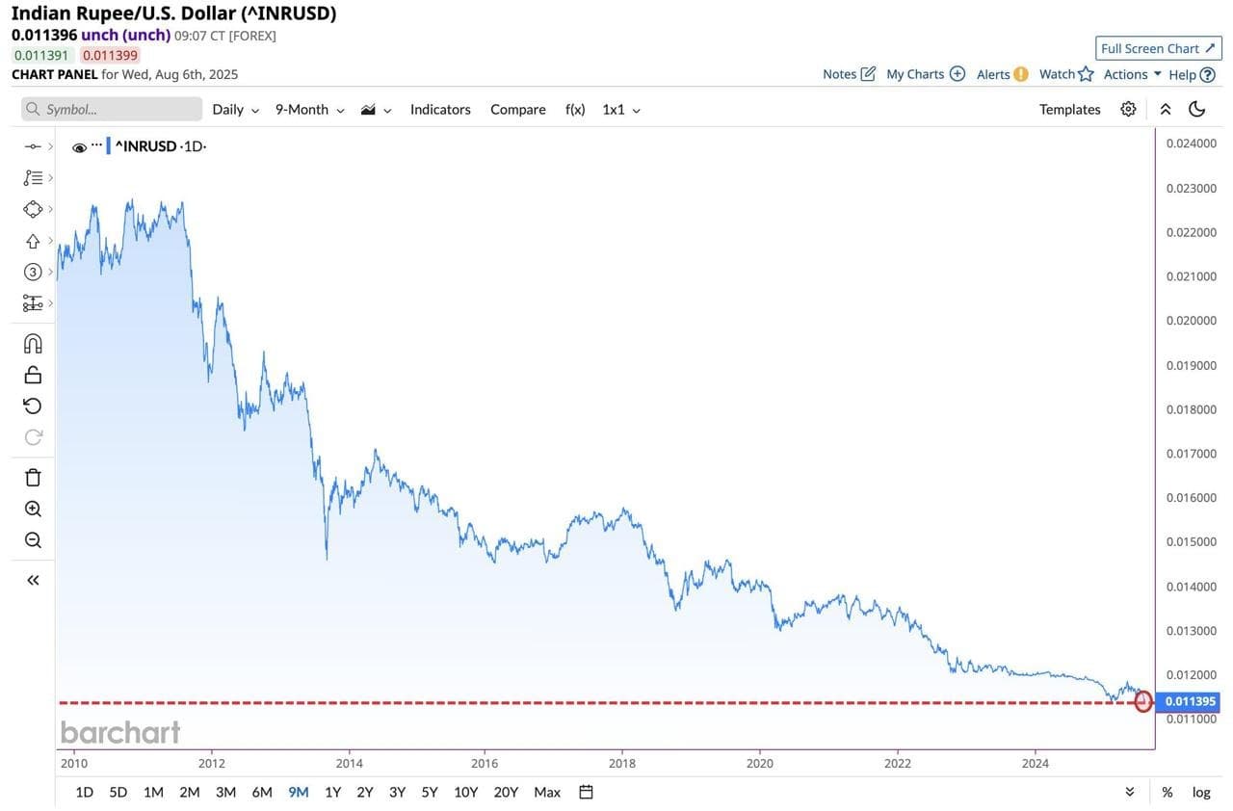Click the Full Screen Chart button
[1158, 48]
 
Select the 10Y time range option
[465, 792]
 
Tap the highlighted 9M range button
[299, 792]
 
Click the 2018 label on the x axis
[622, 764]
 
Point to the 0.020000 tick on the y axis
[1191, 321]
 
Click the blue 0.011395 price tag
[1191, 701]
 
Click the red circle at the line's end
[1143, 702]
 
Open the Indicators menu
[440, 110]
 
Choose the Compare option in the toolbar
[517, 110]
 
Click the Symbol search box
[112, 109]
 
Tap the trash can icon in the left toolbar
[33, 478]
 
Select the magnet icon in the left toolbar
[33, 344]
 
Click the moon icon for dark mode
[1197, 109]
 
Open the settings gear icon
[1128, 109]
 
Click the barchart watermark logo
[120, 733]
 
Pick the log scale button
[1201, 792]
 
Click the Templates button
[1069, 110]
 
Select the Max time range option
[547, 792]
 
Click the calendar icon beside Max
[586, 792]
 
